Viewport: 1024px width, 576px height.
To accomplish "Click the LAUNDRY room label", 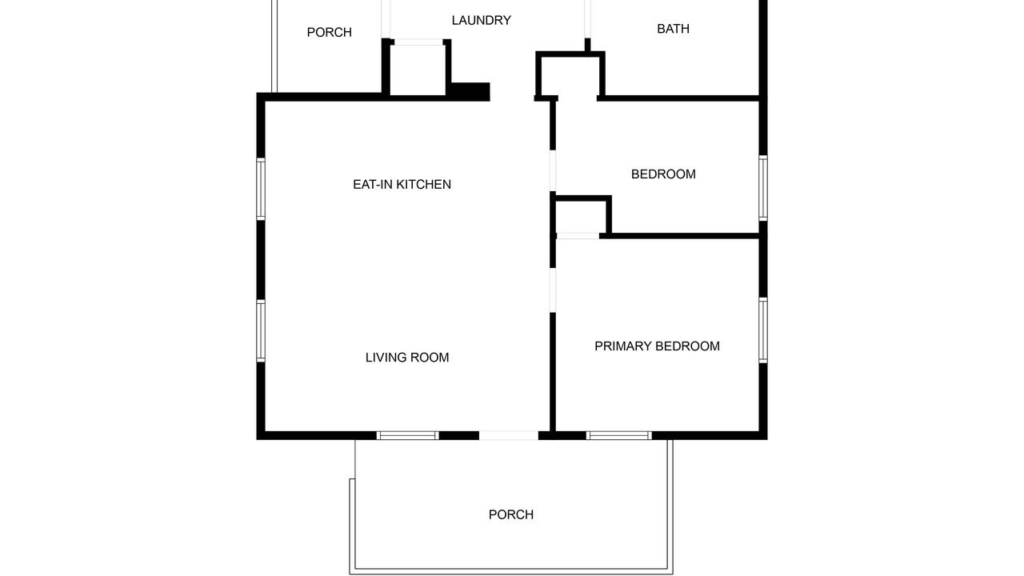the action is (481, 21).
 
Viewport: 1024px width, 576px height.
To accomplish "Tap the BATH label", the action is (673, 29).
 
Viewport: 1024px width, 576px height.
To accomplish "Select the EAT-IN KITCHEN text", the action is (402, 184).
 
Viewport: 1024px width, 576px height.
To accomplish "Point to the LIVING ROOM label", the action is (407, 357).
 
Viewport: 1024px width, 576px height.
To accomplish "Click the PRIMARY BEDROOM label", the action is (657, 346).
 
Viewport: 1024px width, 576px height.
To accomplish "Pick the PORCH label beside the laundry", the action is (329, 33).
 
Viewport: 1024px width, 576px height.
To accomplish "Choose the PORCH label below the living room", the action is (510, 514).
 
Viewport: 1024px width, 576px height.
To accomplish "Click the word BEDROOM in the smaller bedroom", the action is (663, 174).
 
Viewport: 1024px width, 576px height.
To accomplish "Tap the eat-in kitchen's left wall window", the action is (261, 189).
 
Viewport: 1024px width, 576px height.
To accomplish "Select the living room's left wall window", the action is (261, 331).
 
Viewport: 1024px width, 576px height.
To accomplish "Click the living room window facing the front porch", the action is (408, 435).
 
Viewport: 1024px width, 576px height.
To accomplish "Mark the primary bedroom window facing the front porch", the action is (619, 435).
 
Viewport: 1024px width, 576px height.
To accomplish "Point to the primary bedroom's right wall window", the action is (763, 330).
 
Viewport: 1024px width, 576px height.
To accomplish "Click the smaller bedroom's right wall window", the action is (763, 188).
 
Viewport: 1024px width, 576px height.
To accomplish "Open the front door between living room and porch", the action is (508, 435).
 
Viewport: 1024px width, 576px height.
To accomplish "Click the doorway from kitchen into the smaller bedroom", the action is (553, 171).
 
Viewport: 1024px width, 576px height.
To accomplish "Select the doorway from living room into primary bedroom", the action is (553, 290).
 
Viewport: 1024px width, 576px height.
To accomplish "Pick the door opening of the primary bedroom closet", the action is (578, 236).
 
